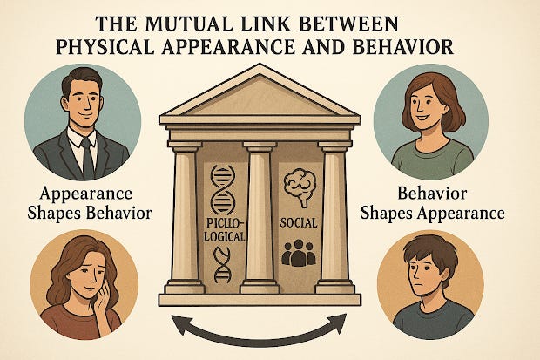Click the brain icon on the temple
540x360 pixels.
click(300, 184)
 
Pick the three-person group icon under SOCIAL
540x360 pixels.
click(298, 253)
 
